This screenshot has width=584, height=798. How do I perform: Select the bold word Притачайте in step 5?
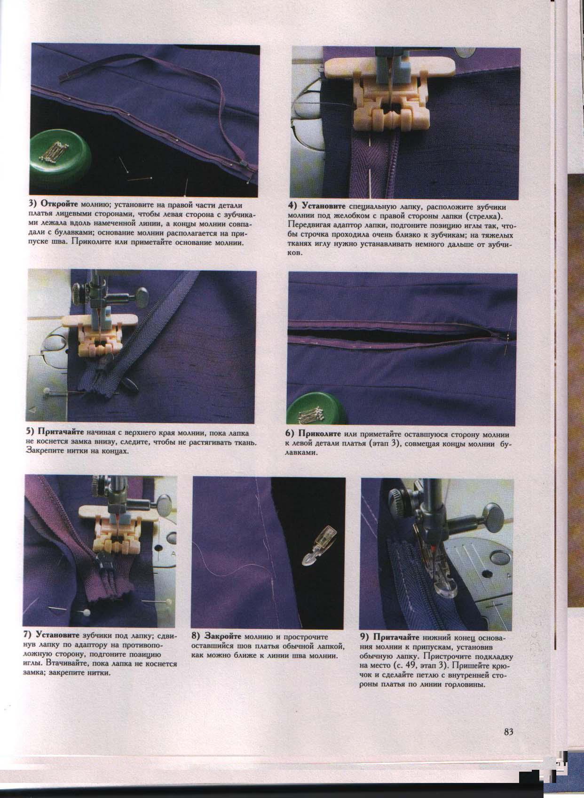(x=61, y=433)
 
